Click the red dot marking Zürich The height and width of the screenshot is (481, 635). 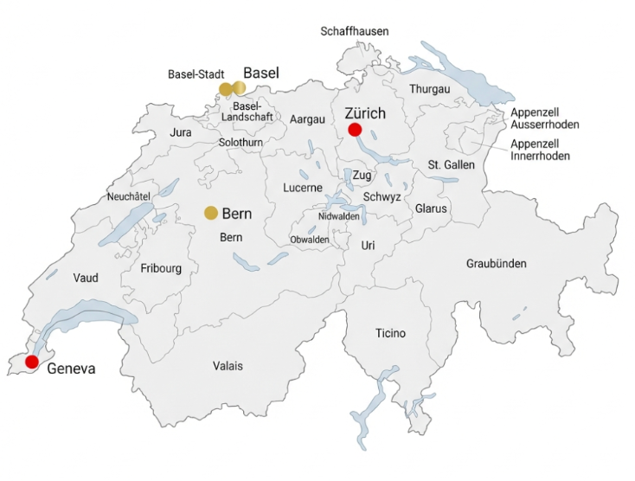(x=354, y=130)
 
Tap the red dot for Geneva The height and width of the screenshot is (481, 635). (x=33, y=362)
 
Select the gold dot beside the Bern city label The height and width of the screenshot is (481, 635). (x=210, y=213)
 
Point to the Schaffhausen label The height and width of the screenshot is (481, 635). (x=355, y=31)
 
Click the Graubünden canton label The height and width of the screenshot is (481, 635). (x=497, y=264)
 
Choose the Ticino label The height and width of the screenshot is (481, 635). (x=390, y=333)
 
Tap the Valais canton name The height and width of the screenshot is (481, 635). (x=228, y=366)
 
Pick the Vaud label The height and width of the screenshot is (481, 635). (x=86, y=278)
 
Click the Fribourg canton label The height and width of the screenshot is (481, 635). (x=161, y=268)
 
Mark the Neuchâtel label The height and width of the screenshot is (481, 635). (x=129, y=196)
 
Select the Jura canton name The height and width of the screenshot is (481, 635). (x=181, y=132)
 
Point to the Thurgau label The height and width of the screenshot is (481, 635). (x=430, y=89)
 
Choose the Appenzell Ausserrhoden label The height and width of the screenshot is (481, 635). (x=545, y=119)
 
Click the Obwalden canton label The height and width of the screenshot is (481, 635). (x=310, y=239)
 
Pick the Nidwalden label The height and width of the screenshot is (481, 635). (x=339, y=216)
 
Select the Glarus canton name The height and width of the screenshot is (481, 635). (x=430, y=208)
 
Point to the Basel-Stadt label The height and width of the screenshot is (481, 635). (x=196, y=74)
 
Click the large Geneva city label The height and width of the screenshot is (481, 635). (x=71, y=369)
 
